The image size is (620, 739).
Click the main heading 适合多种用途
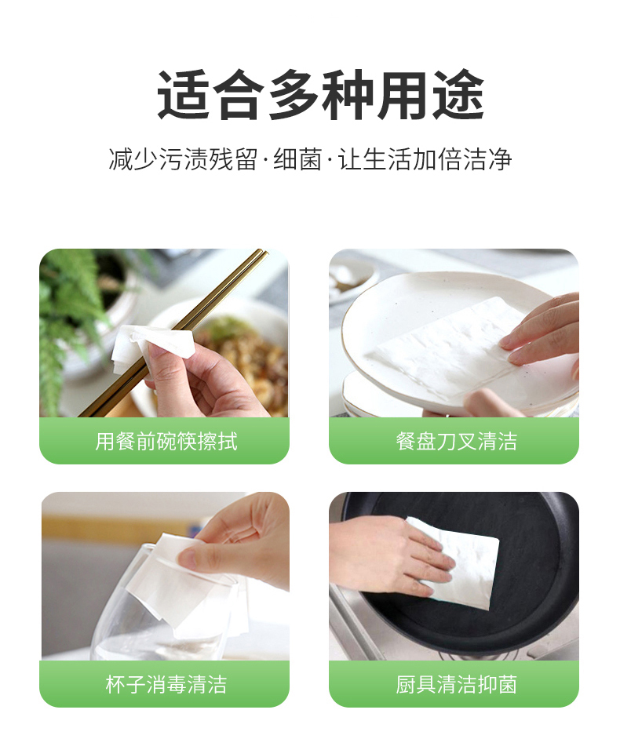(321, 95)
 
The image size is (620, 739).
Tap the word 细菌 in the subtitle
(297, 159)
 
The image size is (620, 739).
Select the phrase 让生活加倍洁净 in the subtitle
(425, 159)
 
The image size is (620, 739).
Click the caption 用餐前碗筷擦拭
(166, 442)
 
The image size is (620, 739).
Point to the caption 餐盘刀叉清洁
(457, 442)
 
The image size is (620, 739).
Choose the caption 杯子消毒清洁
(166, 685)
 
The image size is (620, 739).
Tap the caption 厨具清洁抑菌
(457, 685)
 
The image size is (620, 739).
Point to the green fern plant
(71, 326)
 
